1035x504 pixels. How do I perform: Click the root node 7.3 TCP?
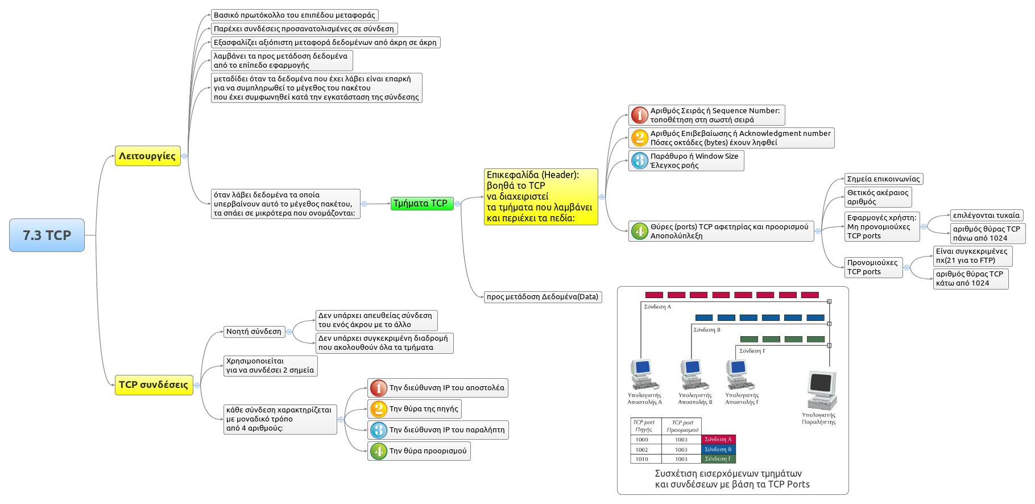[47, 235]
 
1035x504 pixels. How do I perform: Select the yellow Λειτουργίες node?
[147, 156]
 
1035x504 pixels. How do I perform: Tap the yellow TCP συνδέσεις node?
[153, 385]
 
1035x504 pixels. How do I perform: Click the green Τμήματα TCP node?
[421, 204]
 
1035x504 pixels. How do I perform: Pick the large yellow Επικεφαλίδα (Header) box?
[540, 197]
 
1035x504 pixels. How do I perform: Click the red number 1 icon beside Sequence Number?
[640, 115]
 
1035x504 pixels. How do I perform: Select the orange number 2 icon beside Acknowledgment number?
[640, 138]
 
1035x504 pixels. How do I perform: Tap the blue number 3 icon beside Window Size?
[640, 160]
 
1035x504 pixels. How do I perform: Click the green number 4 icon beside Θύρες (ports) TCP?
[640, 231]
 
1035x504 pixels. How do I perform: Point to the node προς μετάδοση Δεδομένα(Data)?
[542, 296]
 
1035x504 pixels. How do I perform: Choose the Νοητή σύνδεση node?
[254, 332]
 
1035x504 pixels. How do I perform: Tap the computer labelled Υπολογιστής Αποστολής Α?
[644, 374]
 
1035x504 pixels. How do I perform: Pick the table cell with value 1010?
[642, 458]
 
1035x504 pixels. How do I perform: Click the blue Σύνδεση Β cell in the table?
[718, 449]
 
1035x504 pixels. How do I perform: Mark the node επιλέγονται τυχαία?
[987, 216]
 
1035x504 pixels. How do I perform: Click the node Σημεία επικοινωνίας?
[883, 179]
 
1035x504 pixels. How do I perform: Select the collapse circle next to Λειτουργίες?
[184, 156]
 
